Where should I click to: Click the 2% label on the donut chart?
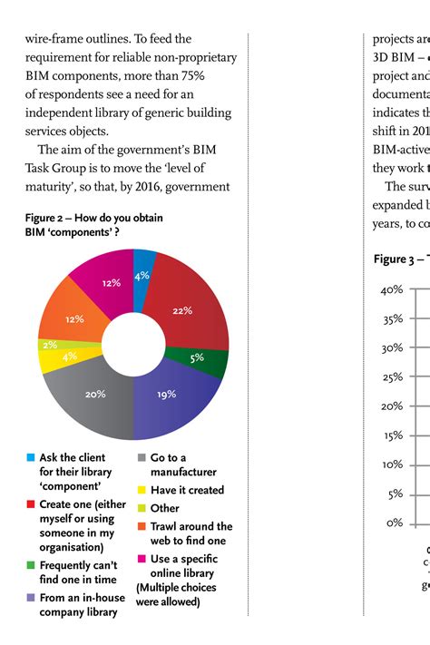click(48, 344)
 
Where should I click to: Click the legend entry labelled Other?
click(164, 508)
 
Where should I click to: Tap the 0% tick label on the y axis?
click(394, 523)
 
